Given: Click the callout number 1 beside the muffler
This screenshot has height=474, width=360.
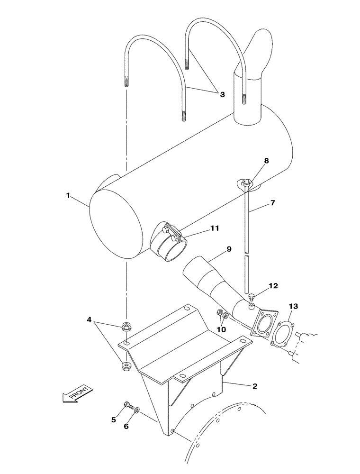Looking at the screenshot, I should coord(68,195).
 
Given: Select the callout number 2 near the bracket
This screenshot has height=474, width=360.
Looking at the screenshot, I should coord(255,386).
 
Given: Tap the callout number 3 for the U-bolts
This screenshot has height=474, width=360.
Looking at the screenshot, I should coord(222,94).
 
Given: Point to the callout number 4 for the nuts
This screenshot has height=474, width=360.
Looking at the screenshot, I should coord(89,320).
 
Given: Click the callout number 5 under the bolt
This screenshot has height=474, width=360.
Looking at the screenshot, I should coord(113,419).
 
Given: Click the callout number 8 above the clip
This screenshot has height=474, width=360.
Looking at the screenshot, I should coord(267,161).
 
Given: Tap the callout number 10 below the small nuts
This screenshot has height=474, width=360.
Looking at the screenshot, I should coord(222,328).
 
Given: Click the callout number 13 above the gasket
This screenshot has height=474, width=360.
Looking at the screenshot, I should coord(294,307).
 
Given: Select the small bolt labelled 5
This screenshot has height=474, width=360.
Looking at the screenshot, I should coord(128,405).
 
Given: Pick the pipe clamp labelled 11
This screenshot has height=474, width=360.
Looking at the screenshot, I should coord(172,242).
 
